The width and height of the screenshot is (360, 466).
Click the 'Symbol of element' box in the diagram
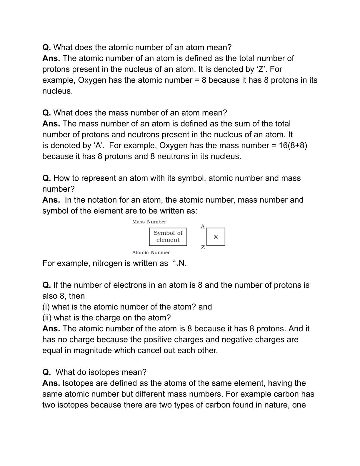[168, 237]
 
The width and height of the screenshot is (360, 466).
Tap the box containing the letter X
[216, 237]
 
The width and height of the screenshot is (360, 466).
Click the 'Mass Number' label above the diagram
[149, 222]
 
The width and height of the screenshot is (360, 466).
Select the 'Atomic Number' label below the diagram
[151, 252]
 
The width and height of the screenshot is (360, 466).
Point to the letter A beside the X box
[203, 227]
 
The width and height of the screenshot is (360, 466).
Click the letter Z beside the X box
[203, 247]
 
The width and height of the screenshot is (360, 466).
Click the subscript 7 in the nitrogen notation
[177, 266]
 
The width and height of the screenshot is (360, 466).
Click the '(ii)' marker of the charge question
[47, 318]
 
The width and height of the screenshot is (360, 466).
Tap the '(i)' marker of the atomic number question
[46, 307]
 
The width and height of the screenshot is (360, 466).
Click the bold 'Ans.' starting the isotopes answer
[51, 383]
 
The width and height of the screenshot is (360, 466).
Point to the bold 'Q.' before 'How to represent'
[46, 178]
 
